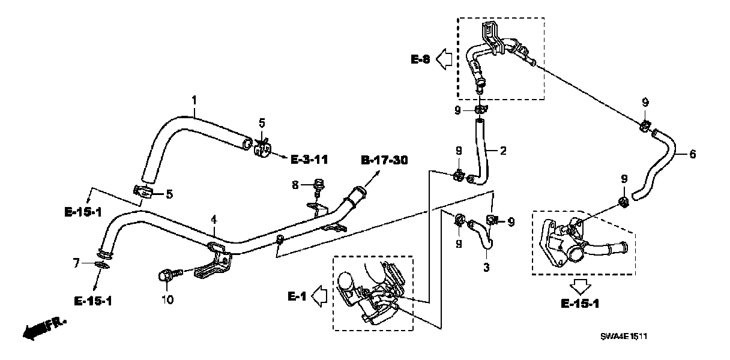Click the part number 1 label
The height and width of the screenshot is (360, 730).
click(194, 98)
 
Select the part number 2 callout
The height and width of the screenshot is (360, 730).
click(503, 150)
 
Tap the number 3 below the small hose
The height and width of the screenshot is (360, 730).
click(486, 267)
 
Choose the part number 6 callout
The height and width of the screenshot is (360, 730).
click(693, 154)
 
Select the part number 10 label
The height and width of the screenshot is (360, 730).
click(167, 299)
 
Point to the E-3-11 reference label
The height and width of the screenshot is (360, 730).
click(309, 160)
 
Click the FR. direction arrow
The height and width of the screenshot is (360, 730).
click(42, 328)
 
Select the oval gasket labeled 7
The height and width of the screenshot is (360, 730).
click(103, 265)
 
